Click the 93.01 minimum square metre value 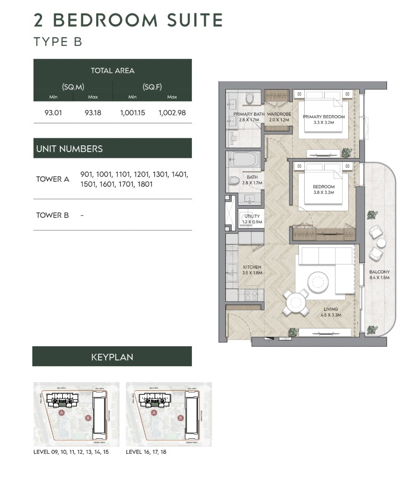pyautogui.click(x=53, y=113)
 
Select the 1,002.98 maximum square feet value pyautogui.click(x=172, y=113)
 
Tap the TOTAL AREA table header pyautogui.click(x=112, y=71)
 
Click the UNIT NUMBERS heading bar pyautogui.click(x=112, y=149)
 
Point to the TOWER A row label pyautogui.click(x=53, y=179)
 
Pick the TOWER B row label pyautogui.click(x=53, y=215)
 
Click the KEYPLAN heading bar pyautogui.click(x=112, y=357)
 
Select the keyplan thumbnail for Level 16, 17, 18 pyautogui.click(x=168, y=414)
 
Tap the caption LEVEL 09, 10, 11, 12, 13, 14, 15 pyautogui.click(x=71, y=452)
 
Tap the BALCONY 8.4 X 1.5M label pyautogui.click(x=379, y=274)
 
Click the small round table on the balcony pyautogui.click(x=381, y=243)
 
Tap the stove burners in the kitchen pyautogui.click(x=251, y=295)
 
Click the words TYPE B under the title pyautogui.click(x=58, y=42)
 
